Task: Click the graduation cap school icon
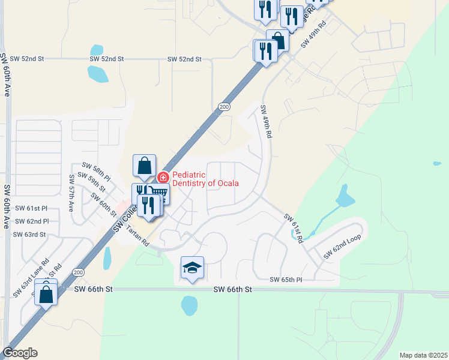(193, 268)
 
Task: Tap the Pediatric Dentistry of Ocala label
(205, 179)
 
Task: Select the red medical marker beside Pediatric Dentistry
(163, 178)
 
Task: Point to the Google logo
(19, 353)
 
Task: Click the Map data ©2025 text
(423, 355)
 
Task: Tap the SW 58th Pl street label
(96, 171)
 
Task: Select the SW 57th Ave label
(71, 193)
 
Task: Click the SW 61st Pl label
(29, 208)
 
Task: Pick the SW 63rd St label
(29, 235)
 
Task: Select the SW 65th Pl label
(285, 280)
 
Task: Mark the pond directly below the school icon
(189, 305)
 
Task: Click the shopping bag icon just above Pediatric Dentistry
(145, 166)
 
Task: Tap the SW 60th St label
(103, 205)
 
